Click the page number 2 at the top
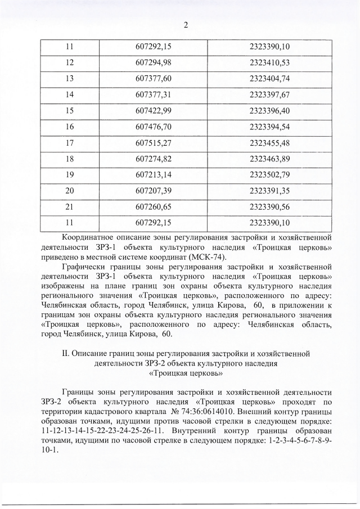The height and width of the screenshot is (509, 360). coord(185,24)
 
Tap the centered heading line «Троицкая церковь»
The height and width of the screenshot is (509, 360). coord(186,372)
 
